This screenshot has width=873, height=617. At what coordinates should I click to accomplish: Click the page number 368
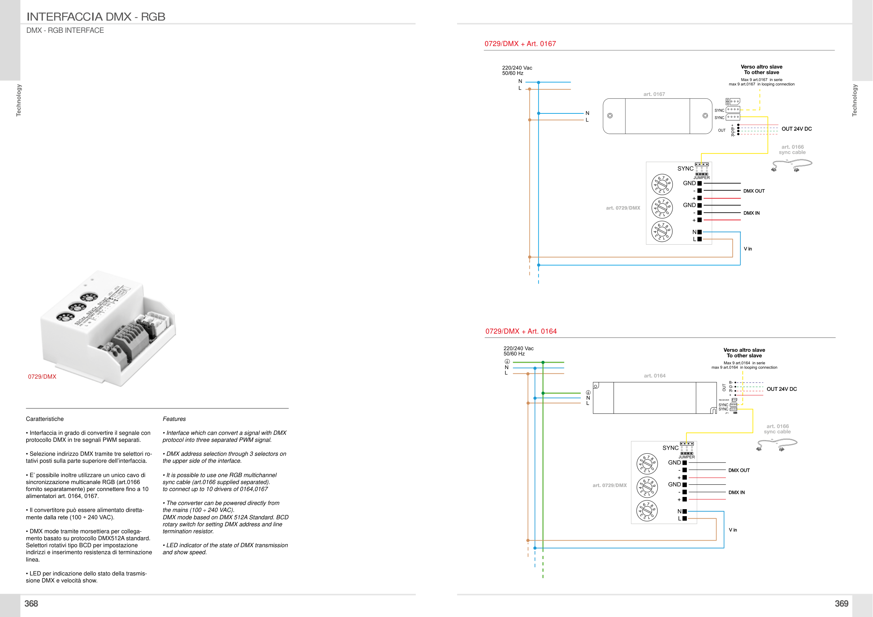(31, 603)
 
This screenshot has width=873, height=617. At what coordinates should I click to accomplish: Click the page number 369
(841, 603)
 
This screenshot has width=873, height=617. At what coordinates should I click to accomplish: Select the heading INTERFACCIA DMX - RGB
(96, 17)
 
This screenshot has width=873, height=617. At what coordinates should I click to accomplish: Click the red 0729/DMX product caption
(42, 377)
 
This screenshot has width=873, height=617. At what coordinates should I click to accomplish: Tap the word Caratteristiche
(45, 419)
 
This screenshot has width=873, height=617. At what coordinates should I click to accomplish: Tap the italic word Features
(174, 419)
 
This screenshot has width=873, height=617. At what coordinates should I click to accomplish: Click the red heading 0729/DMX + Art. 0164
(521, 331)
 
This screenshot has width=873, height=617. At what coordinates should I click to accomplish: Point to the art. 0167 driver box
(658, 116)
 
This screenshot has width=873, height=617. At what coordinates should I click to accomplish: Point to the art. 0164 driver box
(654, 398)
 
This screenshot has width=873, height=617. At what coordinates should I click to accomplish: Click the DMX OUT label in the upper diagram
(754, 191)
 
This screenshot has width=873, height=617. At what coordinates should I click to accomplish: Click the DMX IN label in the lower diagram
(736, 492)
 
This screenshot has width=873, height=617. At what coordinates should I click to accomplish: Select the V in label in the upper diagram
(748, 249)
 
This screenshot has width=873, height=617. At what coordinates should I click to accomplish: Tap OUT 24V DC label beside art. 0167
(797, 129)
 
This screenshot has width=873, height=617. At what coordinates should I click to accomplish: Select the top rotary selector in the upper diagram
(662, 184)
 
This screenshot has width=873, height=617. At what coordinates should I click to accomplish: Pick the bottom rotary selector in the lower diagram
(647, 511)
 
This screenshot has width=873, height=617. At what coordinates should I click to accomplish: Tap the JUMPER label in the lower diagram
(687, 457)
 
